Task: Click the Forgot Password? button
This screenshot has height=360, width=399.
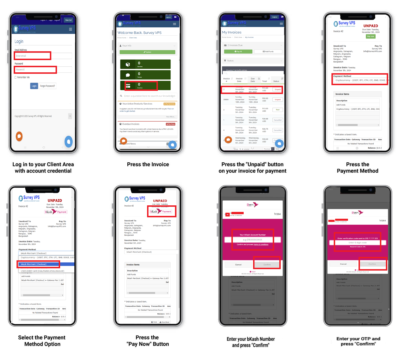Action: point(48,86)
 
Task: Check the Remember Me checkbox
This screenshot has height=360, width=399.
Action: point(16,77)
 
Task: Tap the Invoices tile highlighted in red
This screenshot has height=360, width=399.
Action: point(141,85)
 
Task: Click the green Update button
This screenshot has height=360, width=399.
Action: point(147,52)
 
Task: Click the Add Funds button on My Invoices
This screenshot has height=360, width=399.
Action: point(268,52)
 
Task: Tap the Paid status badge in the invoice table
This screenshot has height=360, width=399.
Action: point(278,110)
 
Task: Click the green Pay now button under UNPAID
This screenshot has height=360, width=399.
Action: point(370,36)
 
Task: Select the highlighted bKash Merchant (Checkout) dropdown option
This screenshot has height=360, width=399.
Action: point(39,264)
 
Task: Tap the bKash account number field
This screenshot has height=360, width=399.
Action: point(253,240)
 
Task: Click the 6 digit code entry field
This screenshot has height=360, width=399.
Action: point(357,243)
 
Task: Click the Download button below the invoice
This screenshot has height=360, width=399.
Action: point(164,322)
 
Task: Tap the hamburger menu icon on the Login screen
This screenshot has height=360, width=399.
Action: point(70,29)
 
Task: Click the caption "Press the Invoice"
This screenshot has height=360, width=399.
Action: point(148,164)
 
